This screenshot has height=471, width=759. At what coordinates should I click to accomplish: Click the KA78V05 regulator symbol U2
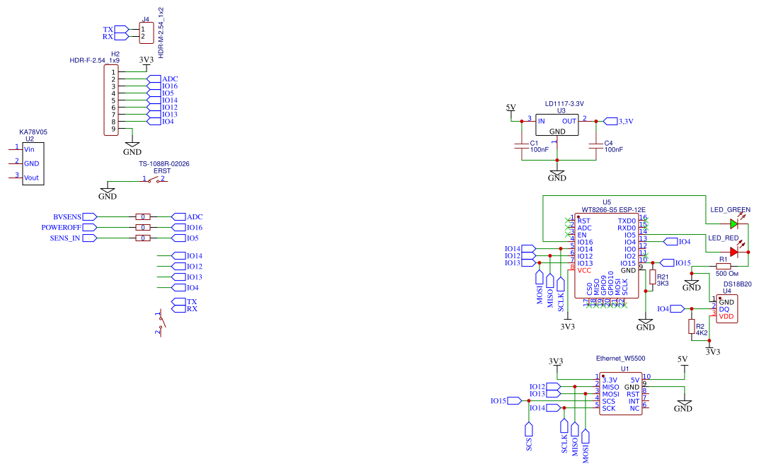tap(33, 164)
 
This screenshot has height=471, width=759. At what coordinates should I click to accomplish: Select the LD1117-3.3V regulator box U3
tap(557, 125)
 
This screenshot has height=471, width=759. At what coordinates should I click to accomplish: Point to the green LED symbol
tap(734, 223)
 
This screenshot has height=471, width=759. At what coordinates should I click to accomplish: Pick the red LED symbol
tap(734, 251)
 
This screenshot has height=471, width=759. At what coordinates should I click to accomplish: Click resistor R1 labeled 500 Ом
tap(724, 266)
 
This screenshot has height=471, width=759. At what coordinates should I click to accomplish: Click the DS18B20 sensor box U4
tap(726, 310)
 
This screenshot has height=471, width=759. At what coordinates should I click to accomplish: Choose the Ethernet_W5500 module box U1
tap(621, 394)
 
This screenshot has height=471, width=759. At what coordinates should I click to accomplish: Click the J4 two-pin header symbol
tap(146, 33)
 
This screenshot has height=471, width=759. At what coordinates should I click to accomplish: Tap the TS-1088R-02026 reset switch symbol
tap(154, 180)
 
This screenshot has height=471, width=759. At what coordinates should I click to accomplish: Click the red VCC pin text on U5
tap(584, 270)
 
